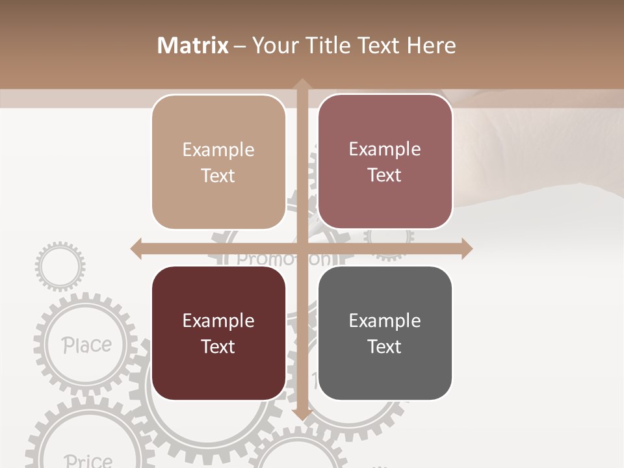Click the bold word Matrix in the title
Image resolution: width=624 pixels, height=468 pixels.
[193, 45]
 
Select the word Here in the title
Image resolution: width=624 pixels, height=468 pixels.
[432, 45]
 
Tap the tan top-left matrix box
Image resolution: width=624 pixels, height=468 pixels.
[218, 162]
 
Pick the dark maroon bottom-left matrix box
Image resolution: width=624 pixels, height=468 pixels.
[218, 333]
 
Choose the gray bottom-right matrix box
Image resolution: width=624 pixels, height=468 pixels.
[385, 333]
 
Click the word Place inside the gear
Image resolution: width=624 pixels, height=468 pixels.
[86, 345]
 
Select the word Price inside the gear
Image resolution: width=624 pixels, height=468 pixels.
[88, 461]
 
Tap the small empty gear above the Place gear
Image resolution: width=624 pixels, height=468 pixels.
[60, 265]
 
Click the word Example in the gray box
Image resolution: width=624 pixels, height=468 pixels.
[385, 320]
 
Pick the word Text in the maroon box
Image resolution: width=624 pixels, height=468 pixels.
[218, 346]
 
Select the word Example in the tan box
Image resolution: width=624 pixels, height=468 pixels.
[218, 149]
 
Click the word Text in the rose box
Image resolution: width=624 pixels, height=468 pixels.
[385, 175]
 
